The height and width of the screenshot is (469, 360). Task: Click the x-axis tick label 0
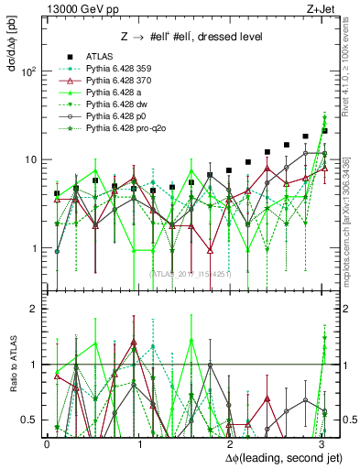point(47,442)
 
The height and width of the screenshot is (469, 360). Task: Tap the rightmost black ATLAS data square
point(324,131)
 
